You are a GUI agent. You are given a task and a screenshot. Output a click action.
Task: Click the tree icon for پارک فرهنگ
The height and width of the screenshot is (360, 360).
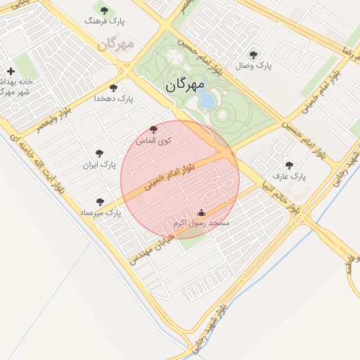click(105, 11)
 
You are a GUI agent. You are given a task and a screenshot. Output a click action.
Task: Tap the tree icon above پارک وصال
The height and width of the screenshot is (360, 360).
click(253, 54)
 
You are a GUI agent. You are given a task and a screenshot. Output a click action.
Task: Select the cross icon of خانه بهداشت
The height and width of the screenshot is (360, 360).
click(11, 71)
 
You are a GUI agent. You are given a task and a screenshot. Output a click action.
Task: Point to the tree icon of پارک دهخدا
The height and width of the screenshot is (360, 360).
click(114, 88)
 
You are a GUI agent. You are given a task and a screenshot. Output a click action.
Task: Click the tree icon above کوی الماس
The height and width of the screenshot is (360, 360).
click(154, 129)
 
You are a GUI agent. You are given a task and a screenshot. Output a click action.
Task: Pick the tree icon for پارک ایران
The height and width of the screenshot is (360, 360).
click(99, 153)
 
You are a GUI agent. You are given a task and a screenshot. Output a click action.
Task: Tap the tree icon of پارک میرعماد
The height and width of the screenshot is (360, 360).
click(100, 201)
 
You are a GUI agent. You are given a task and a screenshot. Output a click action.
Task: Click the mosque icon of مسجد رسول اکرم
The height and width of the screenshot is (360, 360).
click(202, 212)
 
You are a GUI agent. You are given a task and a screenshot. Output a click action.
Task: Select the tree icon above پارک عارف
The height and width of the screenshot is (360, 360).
click(289, 165)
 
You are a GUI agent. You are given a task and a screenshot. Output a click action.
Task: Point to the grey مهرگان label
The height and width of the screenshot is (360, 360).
click(115, 45)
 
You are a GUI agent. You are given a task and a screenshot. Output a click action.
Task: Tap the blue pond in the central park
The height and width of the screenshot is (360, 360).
click(207, 99)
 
